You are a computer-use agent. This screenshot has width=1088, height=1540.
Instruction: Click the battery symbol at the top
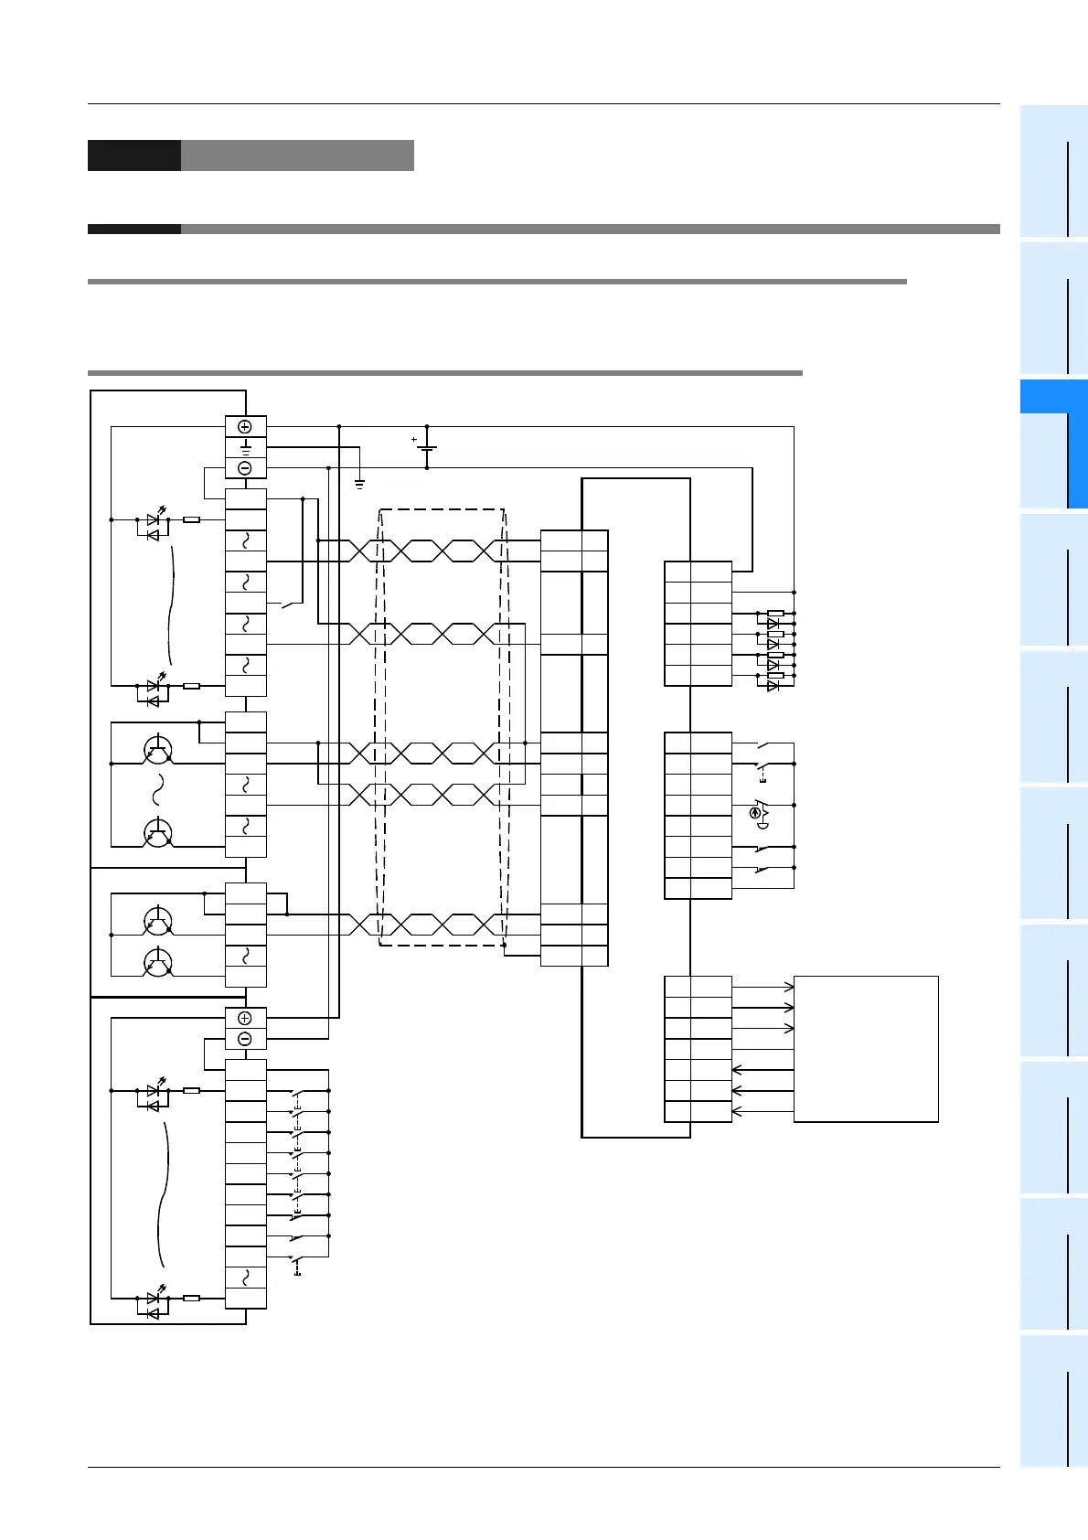click(427, 447)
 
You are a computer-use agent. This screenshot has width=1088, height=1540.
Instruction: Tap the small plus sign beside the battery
click(413, 440)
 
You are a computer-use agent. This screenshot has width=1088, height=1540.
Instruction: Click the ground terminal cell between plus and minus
click(245, 447)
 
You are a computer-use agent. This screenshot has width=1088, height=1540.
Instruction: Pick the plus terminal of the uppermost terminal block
click(245, 427)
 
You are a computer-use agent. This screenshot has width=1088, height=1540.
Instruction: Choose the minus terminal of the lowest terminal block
click(245, 1039)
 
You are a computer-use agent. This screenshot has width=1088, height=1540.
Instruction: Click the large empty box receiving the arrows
click(866, 1048)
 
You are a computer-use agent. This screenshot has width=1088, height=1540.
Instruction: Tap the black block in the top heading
click(133, 155)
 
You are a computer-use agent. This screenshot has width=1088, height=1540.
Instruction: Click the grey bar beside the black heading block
click(297, 155)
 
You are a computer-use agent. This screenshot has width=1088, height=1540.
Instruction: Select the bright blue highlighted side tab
click(1053, 444)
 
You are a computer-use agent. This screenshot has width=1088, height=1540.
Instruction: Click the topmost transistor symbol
click(157, 749)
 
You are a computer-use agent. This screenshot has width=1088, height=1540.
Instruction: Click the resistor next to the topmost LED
click(191, 519)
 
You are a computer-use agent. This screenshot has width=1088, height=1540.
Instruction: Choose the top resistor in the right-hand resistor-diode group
click(775, 613)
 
